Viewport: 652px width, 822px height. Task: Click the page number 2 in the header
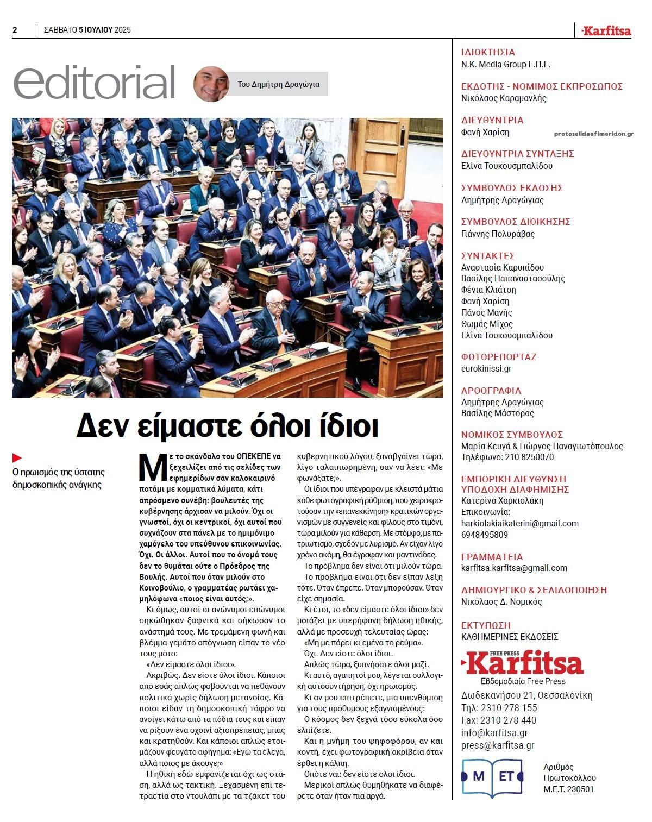point(15,30)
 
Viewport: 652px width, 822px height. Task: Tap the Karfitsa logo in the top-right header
point(606,31)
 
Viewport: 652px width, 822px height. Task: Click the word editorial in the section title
point(94,84)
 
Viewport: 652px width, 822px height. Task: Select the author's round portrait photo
point(210,84)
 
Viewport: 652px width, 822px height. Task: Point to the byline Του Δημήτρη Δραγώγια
point(278,84)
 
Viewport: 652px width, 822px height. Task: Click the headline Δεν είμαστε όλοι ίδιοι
point(227,425)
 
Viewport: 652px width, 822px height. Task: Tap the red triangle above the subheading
point(17,458)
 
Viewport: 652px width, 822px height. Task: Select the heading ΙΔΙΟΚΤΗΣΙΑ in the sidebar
point(487,53)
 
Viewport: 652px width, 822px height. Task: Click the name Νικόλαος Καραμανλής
point(504,98)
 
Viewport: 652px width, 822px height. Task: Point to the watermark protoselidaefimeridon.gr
point(594,134)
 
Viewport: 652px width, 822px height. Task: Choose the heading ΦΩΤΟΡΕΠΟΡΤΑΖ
point(499,357)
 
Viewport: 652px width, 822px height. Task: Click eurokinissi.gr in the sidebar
point(486,368)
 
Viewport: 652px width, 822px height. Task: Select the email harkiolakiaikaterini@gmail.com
point(519,523)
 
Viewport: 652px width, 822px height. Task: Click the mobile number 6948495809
point(484,535)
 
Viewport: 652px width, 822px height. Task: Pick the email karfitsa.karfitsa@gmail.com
point(513,568)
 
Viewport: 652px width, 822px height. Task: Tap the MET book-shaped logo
point(492,777)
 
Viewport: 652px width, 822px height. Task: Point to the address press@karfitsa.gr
point(497,745)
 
